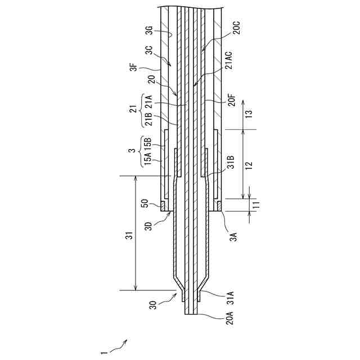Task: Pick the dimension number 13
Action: coord(249,113)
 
